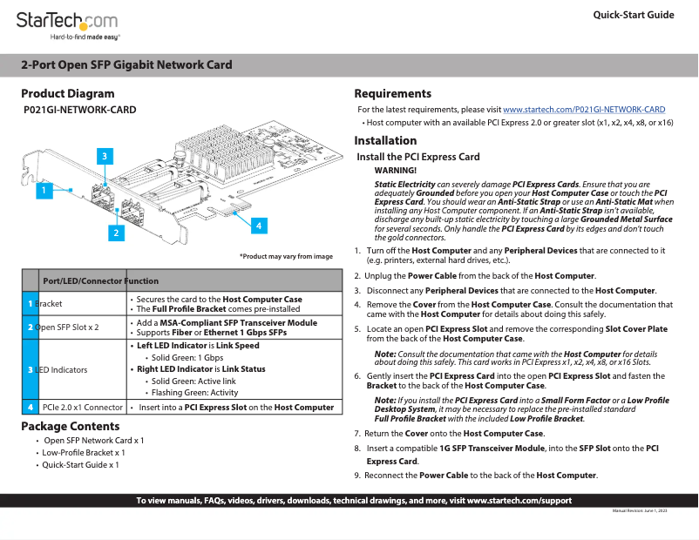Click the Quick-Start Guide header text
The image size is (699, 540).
click(633, 15)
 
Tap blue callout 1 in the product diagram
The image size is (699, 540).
click(41, 190)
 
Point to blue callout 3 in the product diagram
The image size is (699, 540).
click(104, 157)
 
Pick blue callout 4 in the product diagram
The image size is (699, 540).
click(258, 225)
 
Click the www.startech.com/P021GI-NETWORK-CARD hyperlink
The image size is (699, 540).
click(584, 110)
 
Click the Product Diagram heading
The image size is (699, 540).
click(68, 93)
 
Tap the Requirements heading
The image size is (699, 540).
click(392, 93)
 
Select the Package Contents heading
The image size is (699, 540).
click(71, 426)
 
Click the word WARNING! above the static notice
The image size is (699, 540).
click(395, 170)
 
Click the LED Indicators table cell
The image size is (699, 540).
click(63, 370)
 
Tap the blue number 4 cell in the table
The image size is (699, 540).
click(31, 407)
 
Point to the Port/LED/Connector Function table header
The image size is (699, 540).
click(100, 280)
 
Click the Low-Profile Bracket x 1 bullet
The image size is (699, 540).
click(84, 453)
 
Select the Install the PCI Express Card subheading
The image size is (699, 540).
click(418, 157)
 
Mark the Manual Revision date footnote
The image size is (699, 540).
click(640, 510)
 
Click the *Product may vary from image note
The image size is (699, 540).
click(286, 256)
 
